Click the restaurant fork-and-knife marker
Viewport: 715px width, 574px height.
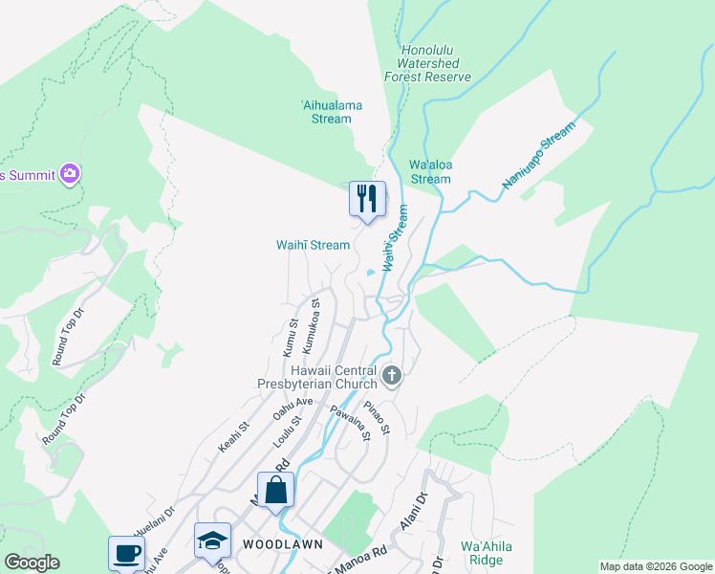[x=367, y=199]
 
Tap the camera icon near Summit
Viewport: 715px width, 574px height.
[x=69, y=173]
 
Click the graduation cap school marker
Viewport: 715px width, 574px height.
[x=212, y=540]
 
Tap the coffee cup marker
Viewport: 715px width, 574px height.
[x=126, y=552]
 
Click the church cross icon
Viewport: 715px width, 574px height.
[x=391, y=377]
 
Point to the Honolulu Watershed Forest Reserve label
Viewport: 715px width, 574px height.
[x=427, y=63]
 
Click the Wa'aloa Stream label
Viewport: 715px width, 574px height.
[x=429, y=171]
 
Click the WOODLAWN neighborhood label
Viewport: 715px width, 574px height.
[x=282, y=543]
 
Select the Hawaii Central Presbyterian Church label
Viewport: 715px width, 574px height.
[x=330, y=377]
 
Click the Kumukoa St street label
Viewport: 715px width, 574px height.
[x=310, y=323]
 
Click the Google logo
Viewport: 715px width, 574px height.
[x=32, y=563]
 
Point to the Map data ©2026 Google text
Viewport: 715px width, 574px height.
[x=655, y=566]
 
